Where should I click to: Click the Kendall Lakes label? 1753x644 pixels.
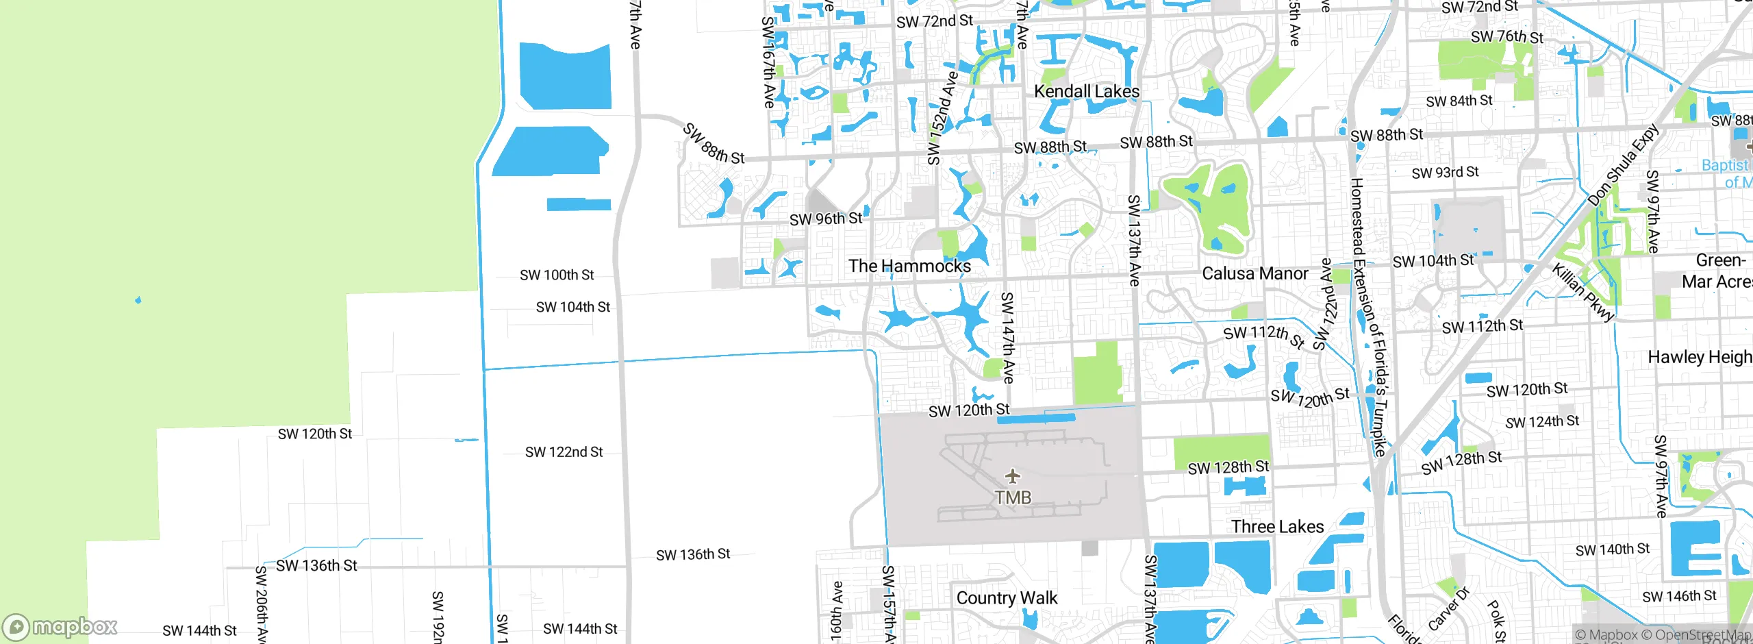(1086, 91)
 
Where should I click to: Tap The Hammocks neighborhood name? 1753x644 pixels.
(909, 266)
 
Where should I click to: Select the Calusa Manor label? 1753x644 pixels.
(1254, 273)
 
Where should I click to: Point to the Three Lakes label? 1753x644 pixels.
(1277, 526)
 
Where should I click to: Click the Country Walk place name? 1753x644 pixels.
(1006, 598)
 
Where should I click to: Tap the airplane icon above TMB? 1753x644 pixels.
(1013, 475)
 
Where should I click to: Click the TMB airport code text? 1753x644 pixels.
(1013, 497)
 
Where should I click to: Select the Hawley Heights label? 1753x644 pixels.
(1700, 357)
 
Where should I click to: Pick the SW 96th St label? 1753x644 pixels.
(825, 219)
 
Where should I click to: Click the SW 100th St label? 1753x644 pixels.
(557, 275)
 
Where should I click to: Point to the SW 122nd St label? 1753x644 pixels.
(564, 452)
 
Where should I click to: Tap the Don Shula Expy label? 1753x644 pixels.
(1623, 165)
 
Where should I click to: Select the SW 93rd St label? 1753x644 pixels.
(1445, 172)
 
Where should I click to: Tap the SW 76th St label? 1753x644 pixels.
(1506, 36)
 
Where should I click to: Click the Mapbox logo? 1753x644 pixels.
(60, 626)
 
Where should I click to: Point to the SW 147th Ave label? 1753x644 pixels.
(1007, 337)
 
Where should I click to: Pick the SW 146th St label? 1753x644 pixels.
(1679, 596)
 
